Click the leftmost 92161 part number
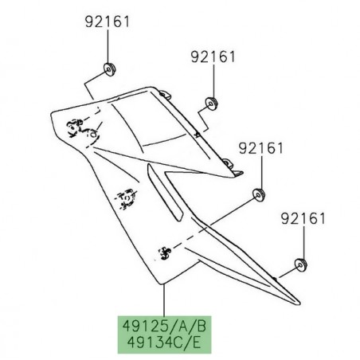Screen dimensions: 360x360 [x=106, y=22]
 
